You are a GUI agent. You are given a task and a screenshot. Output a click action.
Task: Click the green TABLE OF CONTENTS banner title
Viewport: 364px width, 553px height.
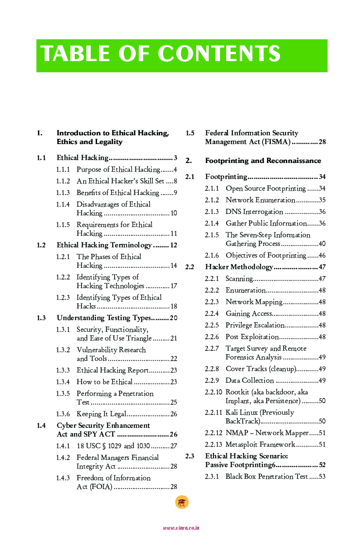[x=160, y=54]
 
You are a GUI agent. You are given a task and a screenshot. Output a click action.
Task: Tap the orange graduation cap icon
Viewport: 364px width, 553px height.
[x=182, y=503]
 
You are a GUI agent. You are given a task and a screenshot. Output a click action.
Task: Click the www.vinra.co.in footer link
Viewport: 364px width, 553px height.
[x=182, y=528]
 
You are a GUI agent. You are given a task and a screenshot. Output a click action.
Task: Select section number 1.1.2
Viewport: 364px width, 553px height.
[x=63, y=181]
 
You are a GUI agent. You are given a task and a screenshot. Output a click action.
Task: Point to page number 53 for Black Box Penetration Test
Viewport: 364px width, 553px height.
[x=322, y=476]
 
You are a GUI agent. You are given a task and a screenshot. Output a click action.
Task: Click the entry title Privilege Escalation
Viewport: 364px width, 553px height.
[x=255, y=325]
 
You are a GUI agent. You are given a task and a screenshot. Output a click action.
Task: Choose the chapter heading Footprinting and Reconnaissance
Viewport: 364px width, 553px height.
[x=263, y=161]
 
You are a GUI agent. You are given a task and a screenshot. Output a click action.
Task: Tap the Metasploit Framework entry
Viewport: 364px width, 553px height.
[x=260, y=444]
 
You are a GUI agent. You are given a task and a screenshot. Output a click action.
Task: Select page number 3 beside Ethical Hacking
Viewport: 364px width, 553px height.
[x=175, y=158]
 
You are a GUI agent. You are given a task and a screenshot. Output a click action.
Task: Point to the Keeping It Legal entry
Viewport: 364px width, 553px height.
[x=101, y=414]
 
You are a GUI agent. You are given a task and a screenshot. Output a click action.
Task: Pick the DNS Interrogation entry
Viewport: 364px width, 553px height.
[x=254, y=211]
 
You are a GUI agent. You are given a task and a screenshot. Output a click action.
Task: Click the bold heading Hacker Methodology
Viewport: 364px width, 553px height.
[x=239, y=267]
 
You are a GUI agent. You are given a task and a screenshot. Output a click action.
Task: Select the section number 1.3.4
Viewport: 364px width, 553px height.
[x=63, y=382]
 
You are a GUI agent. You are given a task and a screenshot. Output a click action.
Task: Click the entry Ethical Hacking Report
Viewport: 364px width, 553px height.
[x=112, y=370]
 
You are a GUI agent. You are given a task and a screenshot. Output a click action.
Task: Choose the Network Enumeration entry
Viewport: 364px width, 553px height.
[x=260, y=200]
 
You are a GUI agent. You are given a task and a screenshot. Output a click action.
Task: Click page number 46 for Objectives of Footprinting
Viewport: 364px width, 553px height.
[x=322, y=255]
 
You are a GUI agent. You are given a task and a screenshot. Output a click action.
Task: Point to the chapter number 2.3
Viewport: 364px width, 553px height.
[x=190, y=456]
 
